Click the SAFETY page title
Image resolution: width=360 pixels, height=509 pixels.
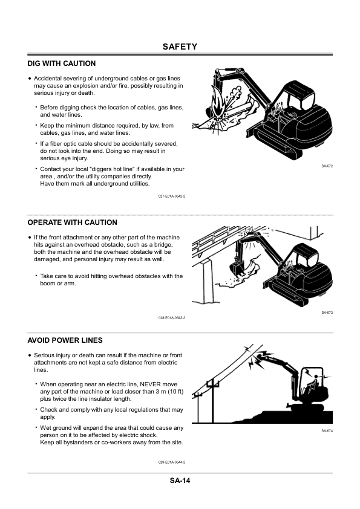pos(180,47)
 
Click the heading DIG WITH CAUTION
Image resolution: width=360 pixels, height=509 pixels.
pos(62,63)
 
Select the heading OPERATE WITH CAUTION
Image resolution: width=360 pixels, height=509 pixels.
pos(73,222)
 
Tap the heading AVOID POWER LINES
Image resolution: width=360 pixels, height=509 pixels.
pos(65,340)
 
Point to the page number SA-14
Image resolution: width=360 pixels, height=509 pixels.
pos(180,481)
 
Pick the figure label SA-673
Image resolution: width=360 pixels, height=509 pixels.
pos(327,313)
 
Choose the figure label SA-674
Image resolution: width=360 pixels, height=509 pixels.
pos(327,430)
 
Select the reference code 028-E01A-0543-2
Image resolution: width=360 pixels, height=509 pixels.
pos(171,318)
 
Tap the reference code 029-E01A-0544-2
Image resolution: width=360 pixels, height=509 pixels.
pos(171,462)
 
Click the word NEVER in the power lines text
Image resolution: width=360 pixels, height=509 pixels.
pos(150,384)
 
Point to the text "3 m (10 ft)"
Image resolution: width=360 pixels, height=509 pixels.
pos(162,391)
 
